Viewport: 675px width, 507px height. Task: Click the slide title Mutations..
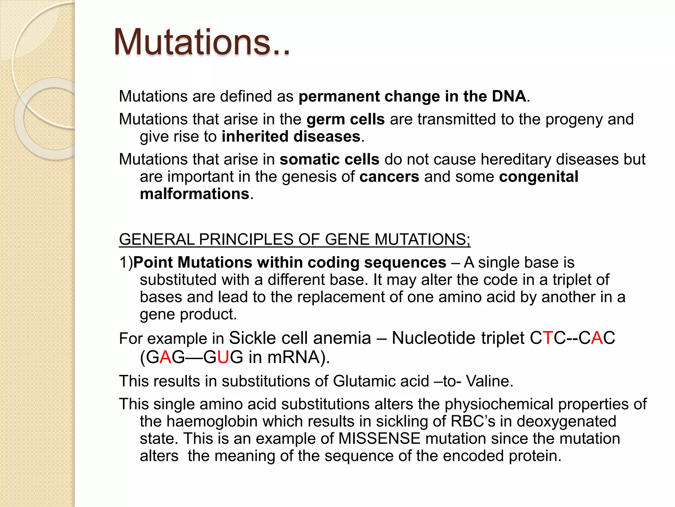(x=202, y=42)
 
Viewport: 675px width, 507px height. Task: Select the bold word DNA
(x=509, y=96)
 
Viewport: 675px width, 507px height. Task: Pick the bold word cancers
(x=389, y=177)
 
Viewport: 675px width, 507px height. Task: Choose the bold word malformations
(x=194, y=194)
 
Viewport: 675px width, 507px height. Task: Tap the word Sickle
(x=252, y=338)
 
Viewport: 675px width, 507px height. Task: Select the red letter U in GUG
(x=223, y=357)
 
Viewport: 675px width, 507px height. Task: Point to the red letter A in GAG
(x=165, y=357)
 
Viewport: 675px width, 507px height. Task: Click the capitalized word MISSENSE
(x=379, y=439)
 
